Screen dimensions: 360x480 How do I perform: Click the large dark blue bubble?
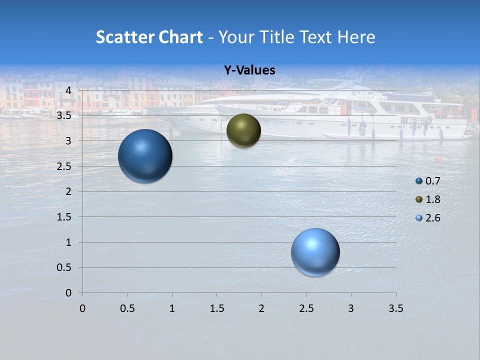145,156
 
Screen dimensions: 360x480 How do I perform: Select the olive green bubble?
243,130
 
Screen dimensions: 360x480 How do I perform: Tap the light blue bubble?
315,252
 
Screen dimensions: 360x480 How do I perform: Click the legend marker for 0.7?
419,181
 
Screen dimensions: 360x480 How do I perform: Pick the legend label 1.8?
432,199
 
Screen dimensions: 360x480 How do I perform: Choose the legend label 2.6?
432,218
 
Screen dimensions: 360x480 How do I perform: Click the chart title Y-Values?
249,70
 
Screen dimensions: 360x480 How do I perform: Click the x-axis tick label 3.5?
395,308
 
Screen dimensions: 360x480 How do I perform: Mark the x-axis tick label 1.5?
216,308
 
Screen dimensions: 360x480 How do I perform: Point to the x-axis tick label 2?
261,308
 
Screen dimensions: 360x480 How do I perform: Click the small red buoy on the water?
438,159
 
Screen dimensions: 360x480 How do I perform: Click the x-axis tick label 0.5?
127,308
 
